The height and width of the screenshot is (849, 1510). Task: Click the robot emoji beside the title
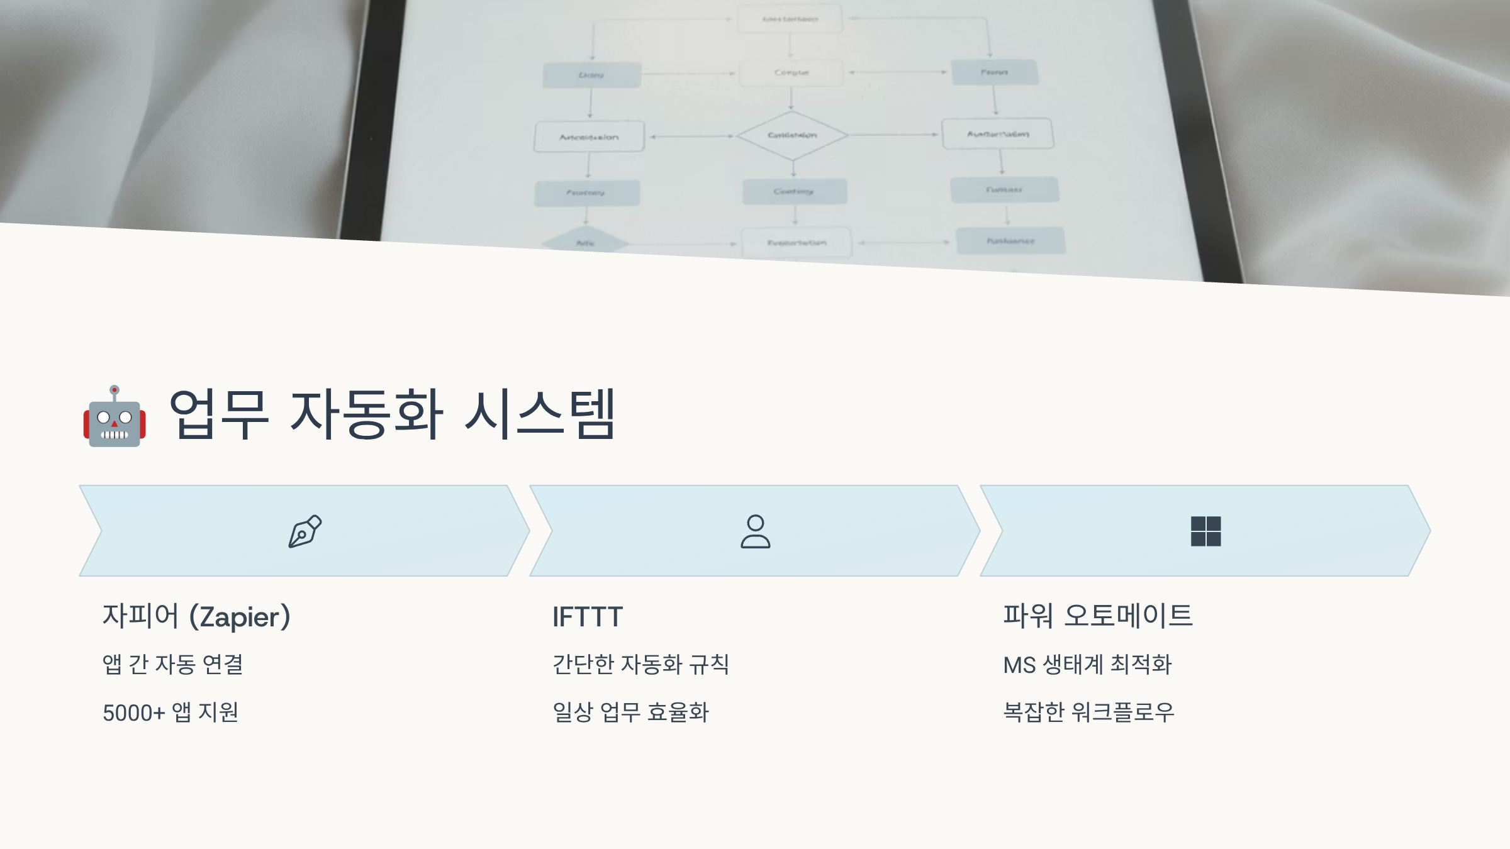[115, 417]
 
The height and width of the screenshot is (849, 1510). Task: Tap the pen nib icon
[305, 531]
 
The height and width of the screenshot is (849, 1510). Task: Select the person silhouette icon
[755, 531]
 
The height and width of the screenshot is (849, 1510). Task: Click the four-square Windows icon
[1205, 531]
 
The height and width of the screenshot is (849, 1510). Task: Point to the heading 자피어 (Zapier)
[196, 616]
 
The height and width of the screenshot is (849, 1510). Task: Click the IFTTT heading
[588, 617]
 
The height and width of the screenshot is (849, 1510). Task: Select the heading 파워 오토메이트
[1098, 616]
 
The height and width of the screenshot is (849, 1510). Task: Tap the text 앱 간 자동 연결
[173, 664]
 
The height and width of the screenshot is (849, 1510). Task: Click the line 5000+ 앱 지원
[171, 713]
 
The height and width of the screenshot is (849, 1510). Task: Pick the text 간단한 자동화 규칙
[640, 664]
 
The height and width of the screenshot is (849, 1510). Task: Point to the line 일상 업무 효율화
[630, 713]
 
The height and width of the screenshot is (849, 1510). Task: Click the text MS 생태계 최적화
[1087, 664]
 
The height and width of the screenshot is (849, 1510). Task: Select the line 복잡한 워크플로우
[1088, 713]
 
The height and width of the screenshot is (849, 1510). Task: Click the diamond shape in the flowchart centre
[792, 135]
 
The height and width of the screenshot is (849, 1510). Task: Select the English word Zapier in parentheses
[240, 618]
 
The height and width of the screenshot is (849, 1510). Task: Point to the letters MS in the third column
[1019, 665]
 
